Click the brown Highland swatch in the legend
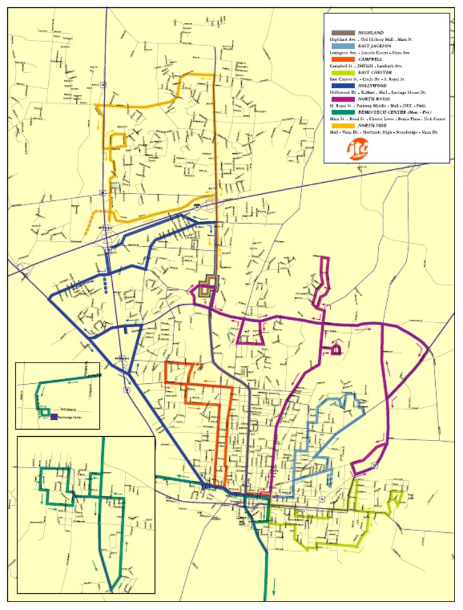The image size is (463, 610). tap(341, 33)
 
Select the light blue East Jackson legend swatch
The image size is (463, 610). tap(341, 46)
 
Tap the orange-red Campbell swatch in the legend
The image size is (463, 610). tap(341, 59)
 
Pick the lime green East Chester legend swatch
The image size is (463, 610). tap(341, 72)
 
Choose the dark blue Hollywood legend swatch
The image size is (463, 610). tap(341, 86)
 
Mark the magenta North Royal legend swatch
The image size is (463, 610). tap(341, 98)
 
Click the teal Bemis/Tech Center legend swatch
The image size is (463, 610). tap(341, 112)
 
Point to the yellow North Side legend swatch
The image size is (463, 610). tap(341, 125)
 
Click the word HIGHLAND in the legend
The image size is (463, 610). tap(370, 33)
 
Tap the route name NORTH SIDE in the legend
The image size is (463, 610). tap(372, 125)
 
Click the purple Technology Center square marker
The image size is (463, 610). tap(54, 416)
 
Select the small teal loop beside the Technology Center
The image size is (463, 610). tap(45, 411)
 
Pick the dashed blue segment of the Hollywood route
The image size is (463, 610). tap(106, 284)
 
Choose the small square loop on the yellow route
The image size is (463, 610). tap(118, 140)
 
